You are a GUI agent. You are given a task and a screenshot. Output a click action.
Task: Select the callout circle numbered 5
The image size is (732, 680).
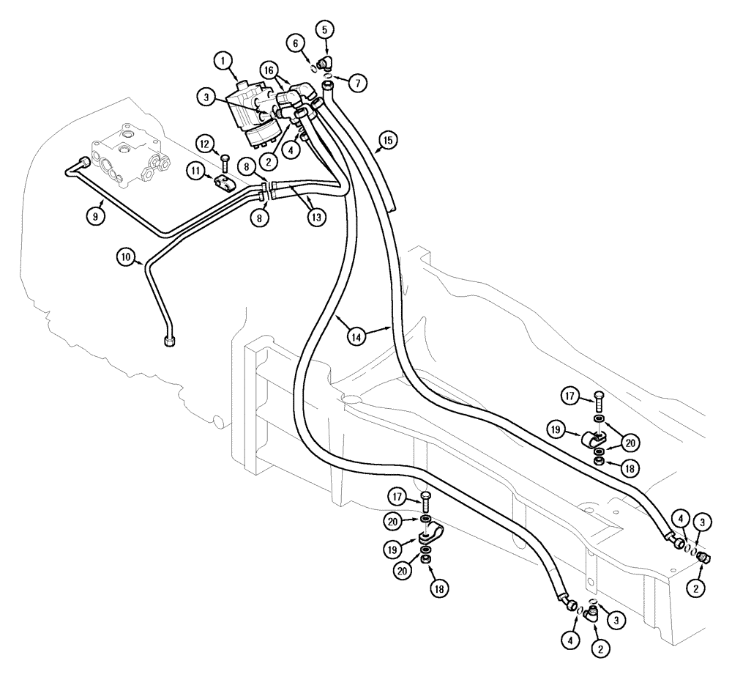[x=326, y=30]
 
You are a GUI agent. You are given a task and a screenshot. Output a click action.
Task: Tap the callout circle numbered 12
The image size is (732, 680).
[x=206, y=141]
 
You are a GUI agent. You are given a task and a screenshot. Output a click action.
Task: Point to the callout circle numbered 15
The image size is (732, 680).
[x=387, y=139]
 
